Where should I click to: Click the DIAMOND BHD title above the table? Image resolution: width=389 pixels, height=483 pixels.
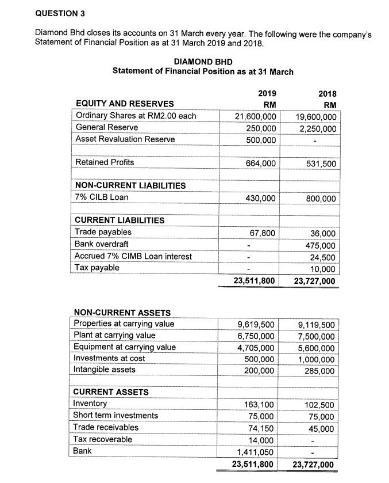203,62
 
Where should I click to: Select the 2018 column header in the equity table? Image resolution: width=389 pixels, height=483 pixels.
328,94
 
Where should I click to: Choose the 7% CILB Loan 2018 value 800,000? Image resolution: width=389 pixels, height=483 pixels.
322,199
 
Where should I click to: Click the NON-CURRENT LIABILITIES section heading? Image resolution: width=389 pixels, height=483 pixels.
130,185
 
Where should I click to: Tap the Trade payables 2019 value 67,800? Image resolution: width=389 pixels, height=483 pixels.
263,233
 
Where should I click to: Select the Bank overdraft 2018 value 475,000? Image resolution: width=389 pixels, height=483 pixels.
322,245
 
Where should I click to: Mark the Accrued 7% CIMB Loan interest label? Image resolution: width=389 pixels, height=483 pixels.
133,256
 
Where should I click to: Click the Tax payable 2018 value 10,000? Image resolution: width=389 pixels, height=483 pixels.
324,268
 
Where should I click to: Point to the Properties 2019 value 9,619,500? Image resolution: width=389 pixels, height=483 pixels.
256,325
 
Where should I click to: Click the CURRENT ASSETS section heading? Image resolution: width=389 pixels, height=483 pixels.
111,392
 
